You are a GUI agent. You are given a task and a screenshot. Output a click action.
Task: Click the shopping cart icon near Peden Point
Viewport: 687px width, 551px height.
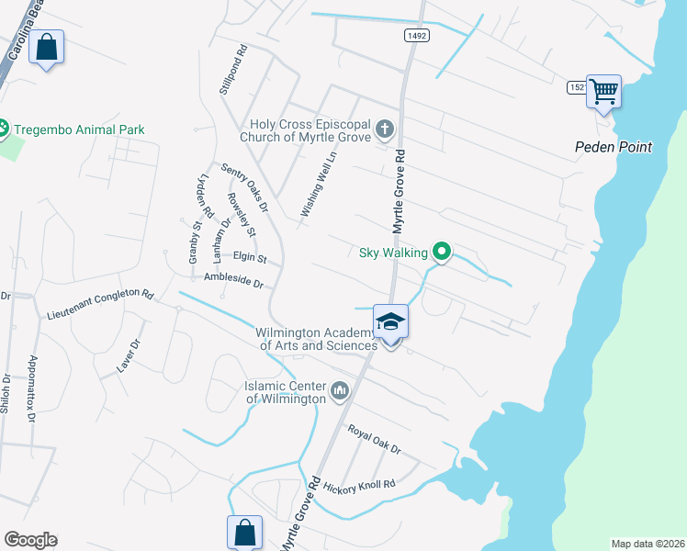pos(603,91)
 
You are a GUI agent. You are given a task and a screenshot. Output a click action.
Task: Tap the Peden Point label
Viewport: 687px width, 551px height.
pos(614,147)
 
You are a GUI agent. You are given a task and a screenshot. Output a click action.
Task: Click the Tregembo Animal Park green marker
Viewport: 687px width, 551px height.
pos(3,129)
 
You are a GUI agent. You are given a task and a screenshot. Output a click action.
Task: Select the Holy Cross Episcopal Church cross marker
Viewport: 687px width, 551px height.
pos(385,129)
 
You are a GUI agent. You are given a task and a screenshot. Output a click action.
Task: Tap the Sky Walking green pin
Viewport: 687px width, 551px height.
pos(441,250)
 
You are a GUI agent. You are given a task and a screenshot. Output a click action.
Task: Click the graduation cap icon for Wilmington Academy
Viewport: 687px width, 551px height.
pos(390,321)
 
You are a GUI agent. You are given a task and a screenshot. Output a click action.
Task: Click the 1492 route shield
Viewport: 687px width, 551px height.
pos(415,35)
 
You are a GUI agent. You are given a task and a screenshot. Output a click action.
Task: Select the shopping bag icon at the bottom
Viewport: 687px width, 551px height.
pos(244,532)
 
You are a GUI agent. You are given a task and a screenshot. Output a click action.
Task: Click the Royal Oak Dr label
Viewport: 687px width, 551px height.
pos(374,439)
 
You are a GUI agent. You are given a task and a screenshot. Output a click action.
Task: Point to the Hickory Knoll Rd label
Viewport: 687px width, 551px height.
pos(359,484)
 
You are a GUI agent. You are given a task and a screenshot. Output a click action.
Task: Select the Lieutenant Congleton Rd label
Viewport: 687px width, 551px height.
pos(99,304)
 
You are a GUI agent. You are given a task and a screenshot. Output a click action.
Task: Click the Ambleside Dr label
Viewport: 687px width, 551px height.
pos(233,280)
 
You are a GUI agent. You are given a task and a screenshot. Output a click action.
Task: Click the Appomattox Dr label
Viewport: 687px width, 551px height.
pos(32,388)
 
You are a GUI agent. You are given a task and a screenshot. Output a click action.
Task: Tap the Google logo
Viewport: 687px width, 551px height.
pos(30,539)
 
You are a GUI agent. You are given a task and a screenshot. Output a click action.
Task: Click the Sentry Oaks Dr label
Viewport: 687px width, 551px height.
pos(244,187)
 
